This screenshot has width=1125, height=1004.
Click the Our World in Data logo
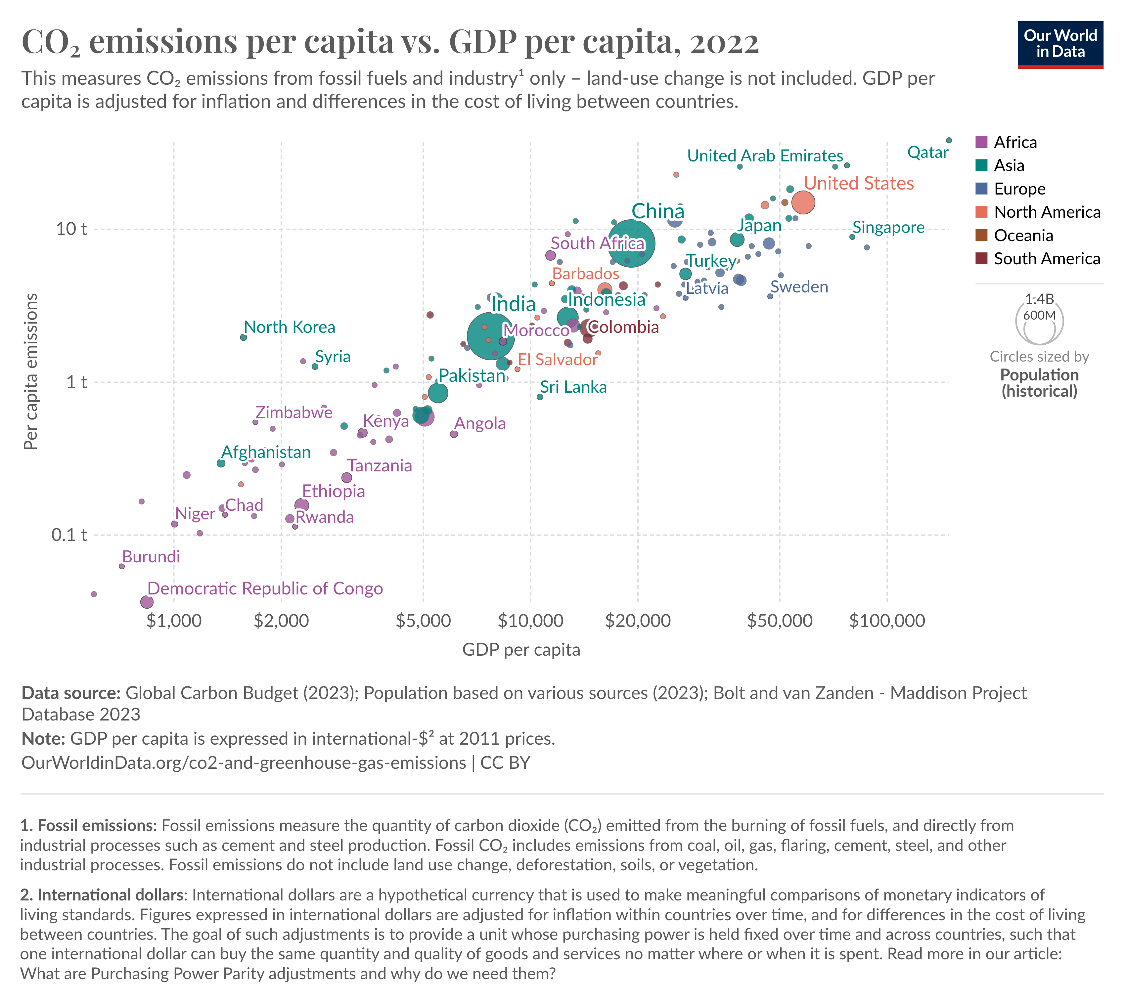pos(1059,44)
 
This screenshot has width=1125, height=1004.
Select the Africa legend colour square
pos(981,142)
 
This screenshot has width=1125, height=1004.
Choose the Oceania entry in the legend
pos(1023,236)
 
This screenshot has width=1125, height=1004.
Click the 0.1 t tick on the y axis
pos(69,535)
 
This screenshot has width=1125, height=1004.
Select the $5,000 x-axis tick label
pos(423,621)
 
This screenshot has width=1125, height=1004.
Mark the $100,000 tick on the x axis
pos(887,621)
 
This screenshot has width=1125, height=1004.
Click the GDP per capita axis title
pos(521,650)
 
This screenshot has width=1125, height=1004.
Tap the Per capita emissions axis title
pos(31,371)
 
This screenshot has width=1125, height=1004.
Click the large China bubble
pos(631,243)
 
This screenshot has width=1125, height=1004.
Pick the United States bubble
pos(803,202)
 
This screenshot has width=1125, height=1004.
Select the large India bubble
pos(490,335)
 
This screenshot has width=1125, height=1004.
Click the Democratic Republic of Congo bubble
pos(146,602)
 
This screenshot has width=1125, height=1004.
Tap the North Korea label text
pos(289,327)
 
